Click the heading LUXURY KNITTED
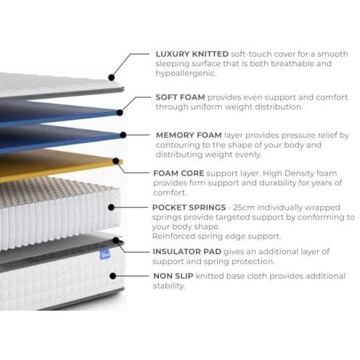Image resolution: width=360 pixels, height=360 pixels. click(x=192, y=54)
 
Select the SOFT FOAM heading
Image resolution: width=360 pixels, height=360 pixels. click(x=180, y=97)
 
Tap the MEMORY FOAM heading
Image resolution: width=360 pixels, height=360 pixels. click(x=189, y=135)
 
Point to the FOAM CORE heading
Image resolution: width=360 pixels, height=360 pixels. click(x=179, y=173)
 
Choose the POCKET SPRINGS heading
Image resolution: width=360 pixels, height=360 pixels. click(x=189, y=208)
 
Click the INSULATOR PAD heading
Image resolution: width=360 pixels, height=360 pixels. click(x=187, y=252)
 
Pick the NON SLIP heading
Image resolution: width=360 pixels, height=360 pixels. click(x=173, y=276)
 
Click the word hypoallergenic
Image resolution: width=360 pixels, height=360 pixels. click(x=186, y=73)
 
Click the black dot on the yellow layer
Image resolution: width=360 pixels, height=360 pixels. click(x=116, y=161)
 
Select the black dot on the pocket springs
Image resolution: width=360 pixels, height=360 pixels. click(x=111, y=208)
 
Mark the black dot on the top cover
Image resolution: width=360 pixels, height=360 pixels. click(x=111, y=78)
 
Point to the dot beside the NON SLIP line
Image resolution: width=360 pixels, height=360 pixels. click(x=112, y=276)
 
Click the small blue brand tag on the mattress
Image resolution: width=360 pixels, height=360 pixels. click(x=105, y=255)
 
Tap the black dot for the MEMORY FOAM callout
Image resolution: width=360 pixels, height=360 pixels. click(x=123, y=135)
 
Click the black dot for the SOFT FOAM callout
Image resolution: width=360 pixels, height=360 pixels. click(x=120, y=112)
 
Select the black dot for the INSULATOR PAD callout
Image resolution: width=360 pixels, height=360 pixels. click(x=116, y=240)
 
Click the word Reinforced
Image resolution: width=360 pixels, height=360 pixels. click(x=173, y=236)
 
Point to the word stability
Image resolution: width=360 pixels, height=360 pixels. click(x=169, y=286)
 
